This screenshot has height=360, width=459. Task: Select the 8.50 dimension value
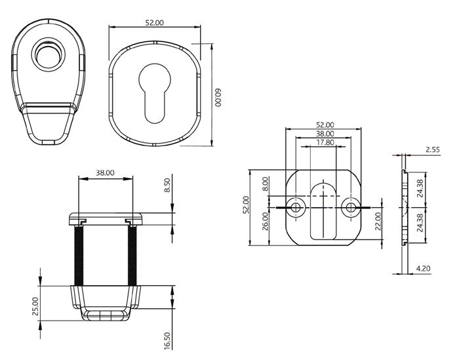[169, 186]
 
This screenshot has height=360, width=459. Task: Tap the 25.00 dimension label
[35, 305]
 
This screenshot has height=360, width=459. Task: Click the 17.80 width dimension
[325, 142]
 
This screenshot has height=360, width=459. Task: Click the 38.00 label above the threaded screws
[105, 172]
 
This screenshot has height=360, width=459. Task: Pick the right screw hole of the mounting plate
[351, 208]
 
